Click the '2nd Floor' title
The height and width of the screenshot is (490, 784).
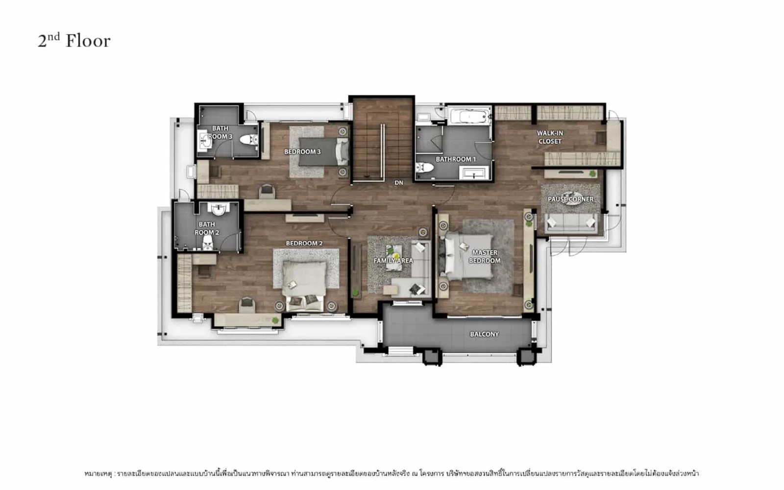[x=74, y=41]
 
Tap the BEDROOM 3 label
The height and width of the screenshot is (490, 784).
[x=302, y=151]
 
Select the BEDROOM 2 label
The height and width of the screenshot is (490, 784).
[x=304, y=243]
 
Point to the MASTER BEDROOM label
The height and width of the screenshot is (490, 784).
[x=485, y=257]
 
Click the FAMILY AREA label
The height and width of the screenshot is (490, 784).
[x=393, y=261]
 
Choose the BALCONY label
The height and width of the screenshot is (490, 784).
[x=485, y=334]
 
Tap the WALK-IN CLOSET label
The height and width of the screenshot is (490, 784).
[x=550, y=137]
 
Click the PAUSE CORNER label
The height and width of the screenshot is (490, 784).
[x=570, y=199]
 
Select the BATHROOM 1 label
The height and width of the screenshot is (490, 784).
[x=456, y=159]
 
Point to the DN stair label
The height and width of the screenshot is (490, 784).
[x=399, y=183]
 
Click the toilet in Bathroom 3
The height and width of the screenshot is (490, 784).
[x=249, y=140]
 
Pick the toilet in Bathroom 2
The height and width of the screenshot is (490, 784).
[x=208, y=243]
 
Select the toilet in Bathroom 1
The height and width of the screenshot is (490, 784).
[x=424, y=167]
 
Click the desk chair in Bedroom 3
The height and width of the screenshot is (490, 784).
[x=267, y=192]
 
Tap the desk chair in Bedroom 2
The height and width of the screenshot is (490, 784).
[x=247, y=305]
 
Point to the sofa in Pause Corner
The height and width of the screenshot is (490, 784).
[x=571, y=222]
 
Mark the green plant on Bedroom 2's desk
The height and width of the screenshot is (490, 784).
[x=275, y=320]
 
